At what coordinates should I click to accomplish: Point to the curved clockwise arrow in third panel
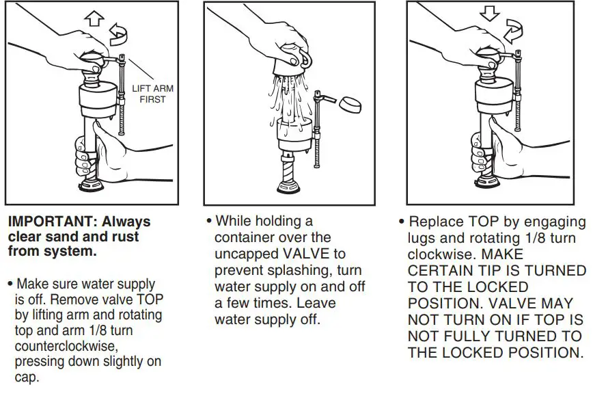tap(512, 31)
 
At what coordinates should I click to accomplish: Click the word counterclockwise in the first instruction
tap(61, 347)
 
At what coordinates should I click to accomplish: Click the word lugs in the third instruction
tap(421, 239)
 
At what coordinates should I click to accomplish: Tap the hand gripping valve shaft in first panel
tap(102, 150)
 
